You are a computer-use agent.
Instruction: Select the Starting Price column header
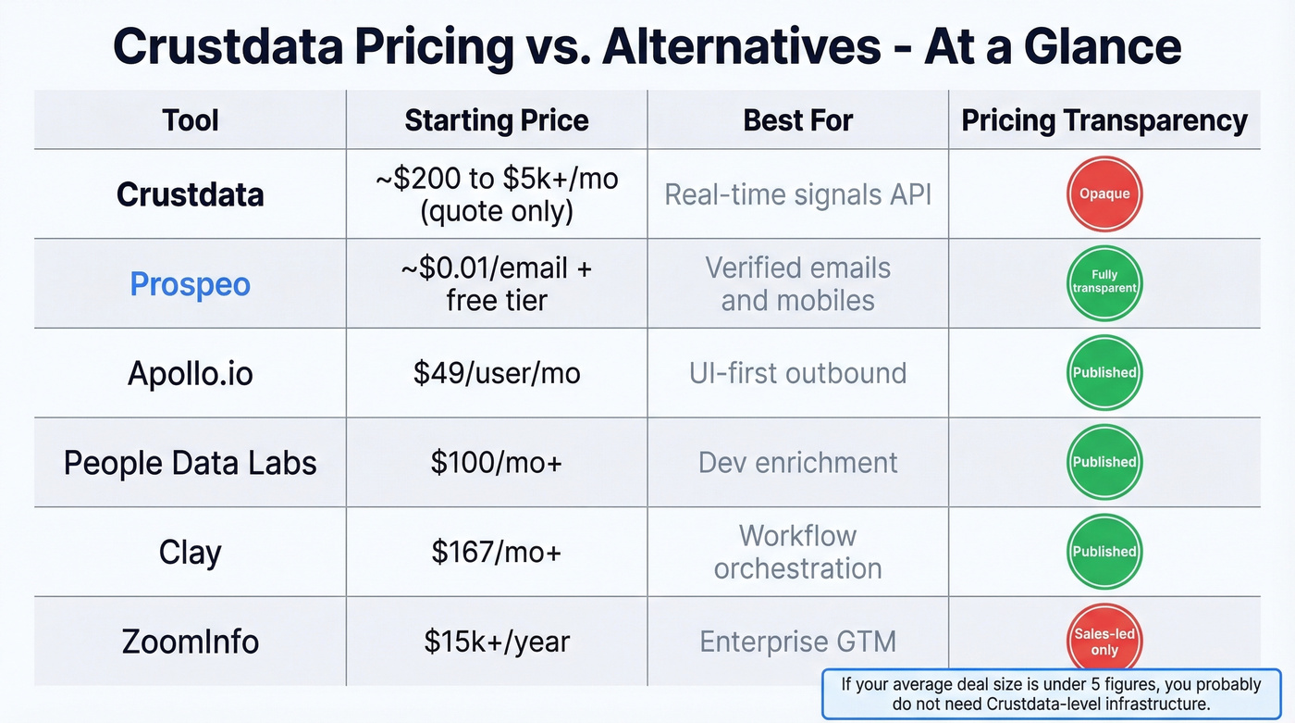(497, 120)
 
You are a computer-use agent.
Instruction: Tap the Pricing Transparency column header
(1104, 120)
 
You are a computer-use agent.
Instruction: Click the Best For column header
(797, 120)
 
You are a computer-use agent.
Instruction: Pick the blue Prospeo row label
(190, 284)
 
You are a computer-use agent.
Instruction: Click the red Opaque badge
(1104, 194)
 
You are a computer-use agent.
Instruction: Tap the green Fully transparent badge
(1104, 282)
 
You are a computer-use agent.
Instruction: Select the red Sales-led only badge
(1104, 639)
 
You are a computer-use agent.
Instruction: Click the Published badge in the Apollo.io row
(1104, 372)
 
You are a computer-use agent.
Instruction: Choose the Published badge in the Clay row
(1104, 551)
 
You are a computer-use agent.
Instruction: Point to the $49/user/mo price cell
(497, 373)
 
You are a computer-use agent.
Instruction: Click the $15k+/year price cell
(497, 642)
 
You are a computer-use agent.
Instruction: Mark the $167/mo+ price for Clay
(497, 553)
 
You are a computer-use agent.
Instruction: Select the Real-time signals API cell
(797, 194)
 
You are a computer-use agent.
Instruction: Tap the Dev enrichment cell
(797, 462)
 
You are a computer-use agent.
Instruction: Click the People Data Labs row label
(190, 463)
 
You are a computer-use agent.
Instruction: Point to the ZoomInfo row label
(190, 642)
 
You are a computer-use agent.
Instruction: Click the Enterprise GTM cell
(797, 642)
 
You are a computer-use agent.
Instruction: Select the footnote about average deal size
(1051, 693)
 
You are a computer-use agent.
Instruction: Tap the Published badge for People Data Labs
(1104, 462)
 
